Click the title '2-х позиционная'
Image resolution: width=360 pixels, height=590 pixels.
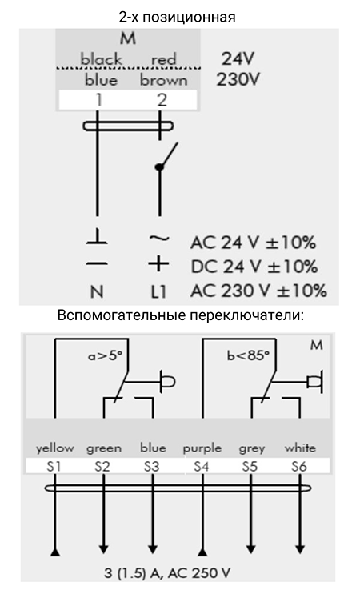(177, 17)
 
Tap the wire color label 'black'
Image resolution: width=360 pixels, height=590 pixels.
(101, 59)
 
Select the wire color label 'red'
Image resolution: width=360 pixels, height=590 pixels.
(164, 59)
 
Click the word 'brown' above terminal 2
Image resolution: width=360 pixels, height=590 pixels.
(164, 80)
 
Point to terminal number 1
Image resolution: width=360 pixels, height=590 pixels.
(98, 100)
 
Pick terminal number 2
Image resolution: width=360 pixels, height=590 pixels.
(162, 100)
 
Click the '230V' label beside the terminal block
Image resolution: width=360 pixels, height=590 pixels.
(238, 79)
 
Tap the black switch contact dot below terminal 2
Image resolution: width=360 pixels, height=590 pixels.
(159, 167)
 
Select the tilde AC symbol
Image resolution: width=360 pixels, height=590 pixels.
(159, 238)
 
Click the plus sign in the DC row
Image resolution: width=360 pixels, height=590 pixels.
(158, 263)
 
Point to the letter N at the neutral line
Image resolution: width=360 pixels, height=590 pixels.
(97, 291)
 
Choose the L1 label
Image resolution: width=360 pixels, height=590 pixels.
(158, 291)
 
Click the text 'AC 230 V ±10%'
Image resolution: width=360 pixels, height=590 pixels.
(258, 291)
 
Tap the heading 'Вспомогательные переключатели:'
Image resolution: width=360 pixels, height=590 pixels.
(180, 315)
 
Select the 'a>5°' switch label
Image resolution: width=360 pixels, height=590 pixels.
(106, 355)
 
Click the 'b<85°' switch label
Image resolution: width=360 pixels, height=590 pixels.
(248, 355)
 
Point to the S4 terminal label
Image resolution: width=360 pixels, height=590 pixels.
(202, 467)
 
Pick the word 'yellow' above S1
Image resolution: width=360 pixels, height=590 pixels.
(55, 448)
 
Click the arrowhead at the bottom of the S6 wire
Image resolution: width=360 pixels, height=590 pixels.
(300, 549)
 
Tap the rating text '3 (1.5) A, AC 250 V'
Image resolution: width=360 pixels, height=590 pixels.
(167, 573)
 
